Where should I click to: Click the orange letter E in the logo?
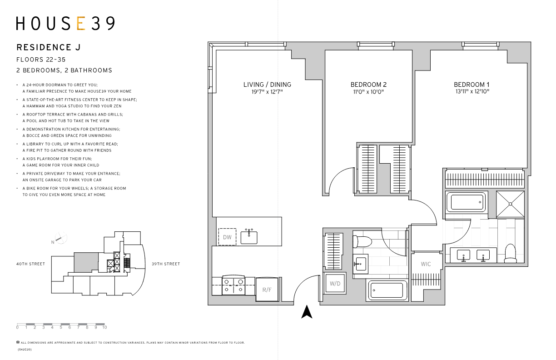pyautogui.click(x=81, y=23)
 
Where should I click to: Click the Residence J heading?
pyautogui.click(x=49, y=47)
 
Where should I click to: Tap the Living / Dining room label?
pyautogui.click(x=267, y=85)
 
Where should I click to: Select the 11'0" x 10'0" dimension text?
pyautogui.click(x=368, y=92)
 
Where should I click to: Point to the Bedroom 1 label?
pyautogui.click(x=472, y=85)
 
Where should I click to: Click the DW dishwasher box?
pyautogui.click(x=227, y=237)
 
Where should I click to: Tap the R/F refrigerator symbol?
pyautogui.click(x=267, y=290)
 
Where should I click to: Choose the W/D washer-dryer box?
pyautogui.click(x=335, y=283)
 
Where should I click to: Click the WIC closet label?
pyautogui.click(x=426, y=264)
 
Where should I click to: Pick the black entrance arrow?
pyautogui.click(x=307, y=312)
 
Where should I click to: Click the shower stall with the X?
pyautogui.click(x=510, y=204)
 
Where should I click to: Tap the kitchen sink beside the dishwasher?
pyautogui.click(x=249, y=236)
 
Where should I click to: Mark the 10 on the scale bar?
pyautogui.click(x=104, y=327)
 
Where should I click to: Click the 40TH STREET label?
pyautogui.click(x=30, y=264)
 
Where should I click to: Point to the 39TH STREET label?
pyautogui.click(x=166, y=264)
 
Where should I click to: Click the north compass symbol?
pyautogui.click(x=61, y=238)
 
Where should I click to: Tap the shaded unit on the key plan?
pyautogui.click(x=86, y=262)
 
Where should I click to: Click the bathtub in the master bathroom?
pyautogui.click(x=466, y=202)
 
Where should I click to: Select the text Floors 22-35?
pyautogui.click(x=41, y=60)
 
